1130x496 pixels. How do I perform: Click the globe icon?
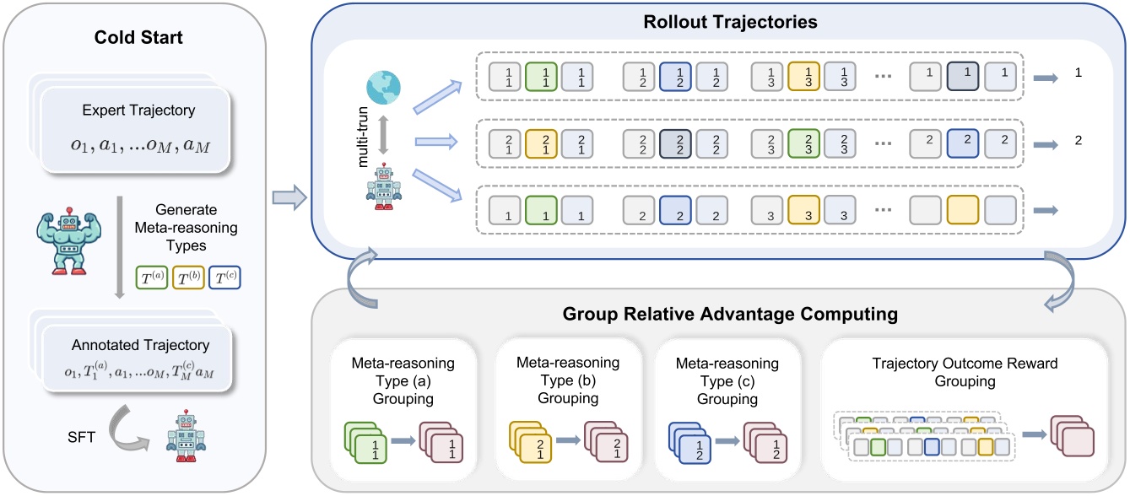(x=384, y=88)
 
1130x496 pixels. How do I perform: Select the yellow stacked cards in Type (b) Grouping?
(x=529, y=436)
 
